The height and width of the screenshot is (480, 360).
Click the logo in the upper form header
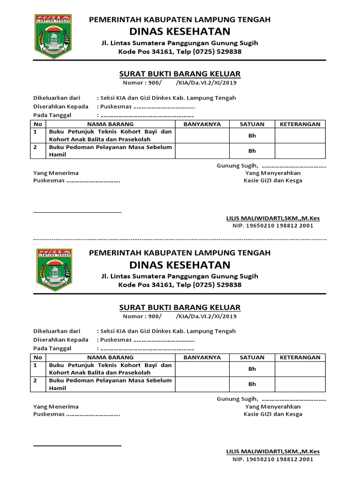(53, 37)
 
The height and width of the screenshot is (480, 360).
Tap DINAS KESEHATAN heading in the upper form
(180, 31)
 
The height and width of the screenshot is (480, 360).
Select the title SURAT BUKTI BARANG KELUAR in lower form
(180, 307)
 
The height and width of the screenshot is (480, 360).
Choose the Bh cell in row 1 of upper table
(252, 135)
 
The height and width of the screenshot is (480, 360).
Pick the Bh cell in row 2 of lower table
(252, 384)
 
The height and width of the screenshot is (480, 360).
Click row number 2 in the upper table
(35, 147)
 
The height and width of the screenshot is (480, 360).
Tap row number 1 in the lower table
(35, 365)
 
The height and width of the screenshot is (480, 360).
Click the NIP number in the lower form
(273, 459)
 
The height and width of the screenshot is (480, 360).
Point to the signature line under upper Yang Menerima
(77, 212)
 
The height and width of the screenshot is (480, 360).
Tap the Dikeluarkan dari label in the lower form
(57, 331)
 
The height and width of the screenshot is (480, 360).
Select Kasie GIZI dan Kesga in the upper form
(273, 180)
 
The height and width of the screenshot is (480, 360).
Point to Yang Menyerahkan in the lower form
(273, 406)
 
